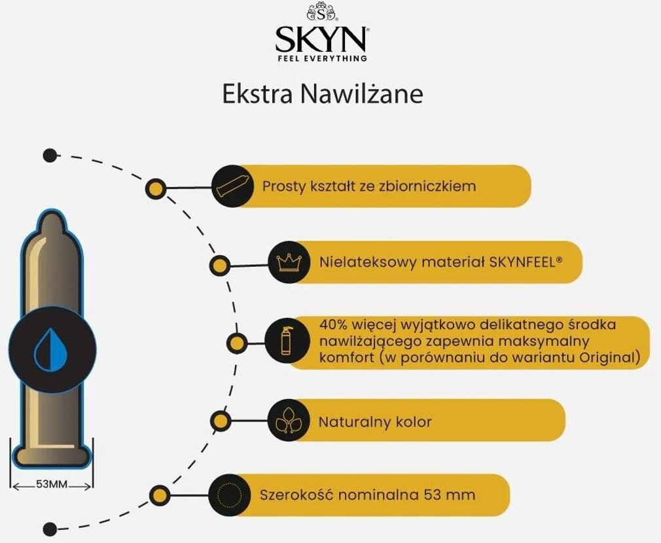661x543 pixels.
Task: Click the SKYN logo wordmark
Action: point(321,40)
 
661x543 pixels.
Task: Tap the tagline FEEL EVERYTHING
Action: point(321,58)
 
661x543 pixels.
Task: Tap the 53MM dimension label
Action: point(52,485)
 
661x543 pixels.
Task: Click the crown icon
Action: point(289,263)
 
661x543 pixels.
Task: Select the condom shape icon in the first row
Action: point(233,186)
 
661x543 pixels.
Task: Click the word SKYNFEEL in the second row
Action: point(521,262)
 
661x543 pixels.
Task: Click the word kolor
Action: point(414,421)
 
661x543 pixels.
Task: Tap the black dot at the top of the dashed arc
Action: point(49,155)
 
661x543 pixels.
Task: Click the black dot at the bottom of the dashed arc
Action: point(49,529)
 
